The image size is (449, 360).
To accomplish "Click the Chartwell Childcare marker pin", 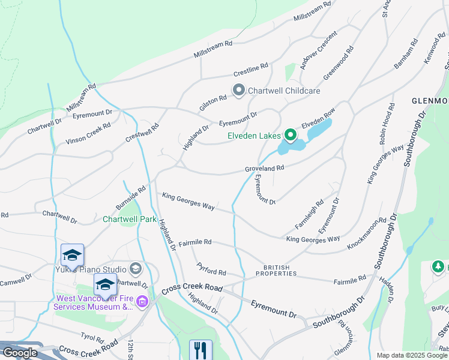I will point(238,91).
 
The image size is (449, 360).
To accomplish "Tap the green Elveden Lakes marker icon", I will point(291,136).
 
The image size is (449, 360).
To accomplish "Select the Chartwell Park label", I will point(130,219).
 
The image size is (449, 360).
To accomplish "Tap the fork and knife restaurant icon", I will point(200,350).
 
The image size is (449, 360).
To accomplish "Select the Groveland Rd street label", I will point(264,169).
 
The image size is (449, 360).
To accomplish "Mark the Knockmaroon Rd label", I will point(366,235).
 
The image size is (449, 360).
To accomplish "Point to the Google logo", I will point(20,352).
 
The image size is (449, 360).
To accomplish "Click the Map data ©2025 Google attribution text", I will point(412,355).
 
